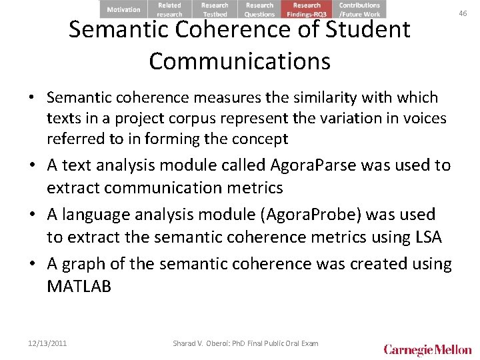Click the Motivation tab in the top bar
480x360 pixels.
point(123,9)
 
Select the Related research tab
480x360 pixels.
point(169,9)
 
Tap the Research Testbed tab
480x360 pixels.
point(215,9)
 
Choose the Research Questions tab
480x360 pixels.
point(259,9)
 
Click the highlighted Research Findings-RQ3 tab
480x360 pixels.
point(307,9)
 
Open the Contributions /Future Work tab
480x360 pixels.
point(359,9)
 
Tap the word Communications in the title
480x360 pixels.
point(239,61)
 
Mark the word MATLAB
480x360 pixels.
point(79,287)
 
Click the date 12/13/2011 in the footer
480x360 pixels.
point(47,343)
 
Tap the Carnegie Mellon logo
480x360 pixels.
point(427,349)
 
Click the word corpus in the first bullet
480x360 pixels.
point(182,119)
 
